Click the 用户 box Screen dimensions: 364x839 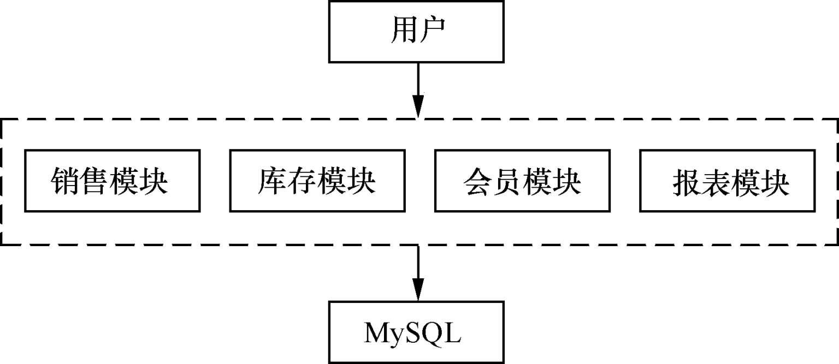click(x=416, y=32)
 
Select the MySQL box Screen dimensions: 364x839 click(x=416, y=332)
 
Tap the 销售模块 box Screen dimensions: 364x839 click(x=112, y=181)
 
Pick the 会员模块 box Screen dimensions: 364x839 click(x=522, y=181)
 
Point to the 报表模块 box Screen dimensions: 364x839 click(x=727, y=181)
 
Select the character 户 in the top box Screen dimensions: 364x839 click(x=431, y=32)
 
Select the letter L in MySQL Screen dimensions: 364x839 click(x=453, y=333)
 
